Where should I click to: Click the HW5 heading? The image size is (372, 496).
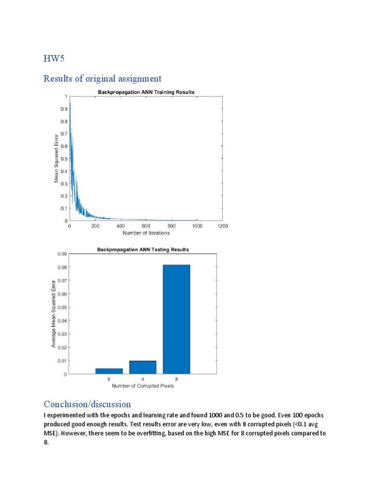click(x=53, y=60)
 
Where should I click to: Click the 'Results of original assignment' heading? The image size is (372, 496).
click(x=103, y=78)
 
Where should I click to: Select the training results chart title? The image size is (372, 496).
click(x=146, y=92)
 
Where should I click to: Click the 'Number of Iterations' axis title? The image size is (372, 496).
click(x=146, y=233)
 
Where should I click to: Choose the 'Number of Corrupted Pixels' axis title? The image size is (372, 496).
click(x=143, y=386)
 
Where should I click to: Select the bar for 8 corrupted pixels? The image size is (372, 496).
click(x=176, y=319)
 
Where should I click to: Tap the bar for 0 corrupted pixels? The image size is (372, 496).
click(x=109, y=371)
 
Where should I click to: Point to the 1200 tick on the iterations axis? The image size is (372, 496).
click(x=222, y=226)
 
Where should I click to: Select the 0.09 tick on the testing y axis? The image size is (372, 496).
click(x=62, y=253)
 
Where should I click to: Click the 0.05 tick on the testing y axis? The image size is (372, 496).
click(x=62, y=307)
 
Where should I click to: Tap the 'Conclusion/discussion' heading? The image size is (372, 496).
click(x=87, y=404)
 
